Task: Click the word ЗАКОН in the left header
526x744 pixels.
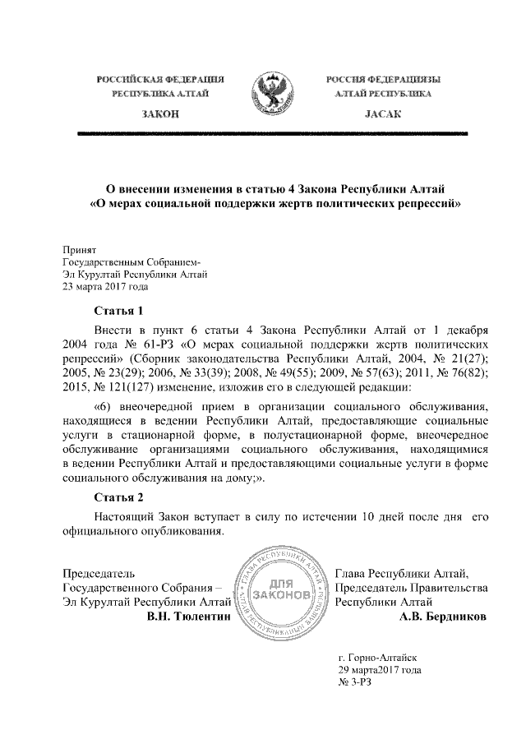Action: pyautogui.click(x=159, y=114)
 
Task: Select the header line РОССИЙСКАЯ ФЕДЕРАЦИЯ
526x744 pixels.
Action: pyautogui.click(x=160, y=80)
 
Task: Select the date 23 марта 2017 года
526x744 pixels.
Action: pyautogui.click(x=108, y=286)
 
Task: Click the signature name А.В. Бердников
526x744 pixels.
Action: pyautogui.click(x=441, y=616)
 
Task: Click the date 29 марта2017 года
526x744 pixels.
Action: pyautogui.click(x=381, y=670)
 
